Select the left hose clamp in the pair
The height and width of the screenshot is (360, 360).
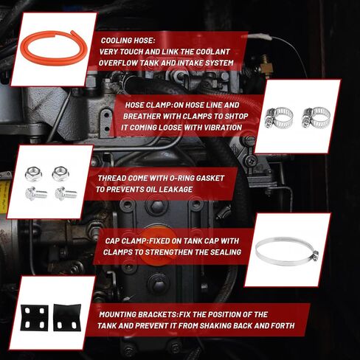[279, 118]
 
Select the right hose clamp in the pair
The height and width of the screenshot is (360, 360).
[316, 118]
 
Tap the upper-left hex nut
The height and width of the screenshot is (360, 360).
[33, 174]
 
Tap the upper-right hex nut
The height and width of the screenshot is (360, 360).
[60, 174]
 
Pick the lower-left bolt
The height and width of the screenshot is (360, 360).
[36, 193]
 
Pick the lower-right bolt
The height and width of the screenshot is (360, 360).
[66, 193]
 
